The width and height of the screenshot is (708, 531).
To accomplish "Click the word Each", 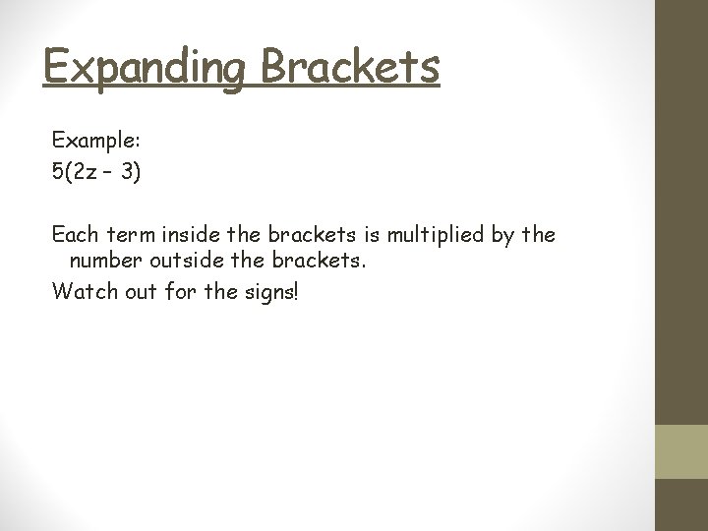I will point(74,236).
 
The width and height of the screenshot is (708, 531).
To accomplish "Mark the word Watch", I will point(80,291).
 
